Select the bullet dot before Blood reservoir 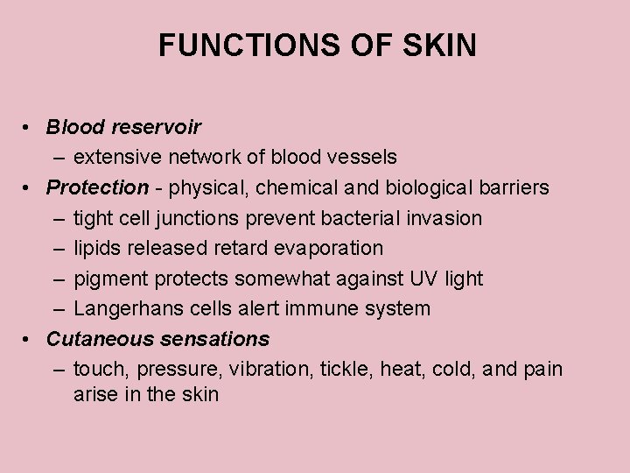(x=29, y=128)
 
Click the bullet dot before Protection (x=29, y=188)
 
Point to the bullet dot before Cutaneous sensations (x=29, y=339)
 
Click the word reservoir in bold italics (x=157, y=128)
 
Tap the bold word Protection (x=97, y=187)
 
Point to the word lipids (x=97, y=249)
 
